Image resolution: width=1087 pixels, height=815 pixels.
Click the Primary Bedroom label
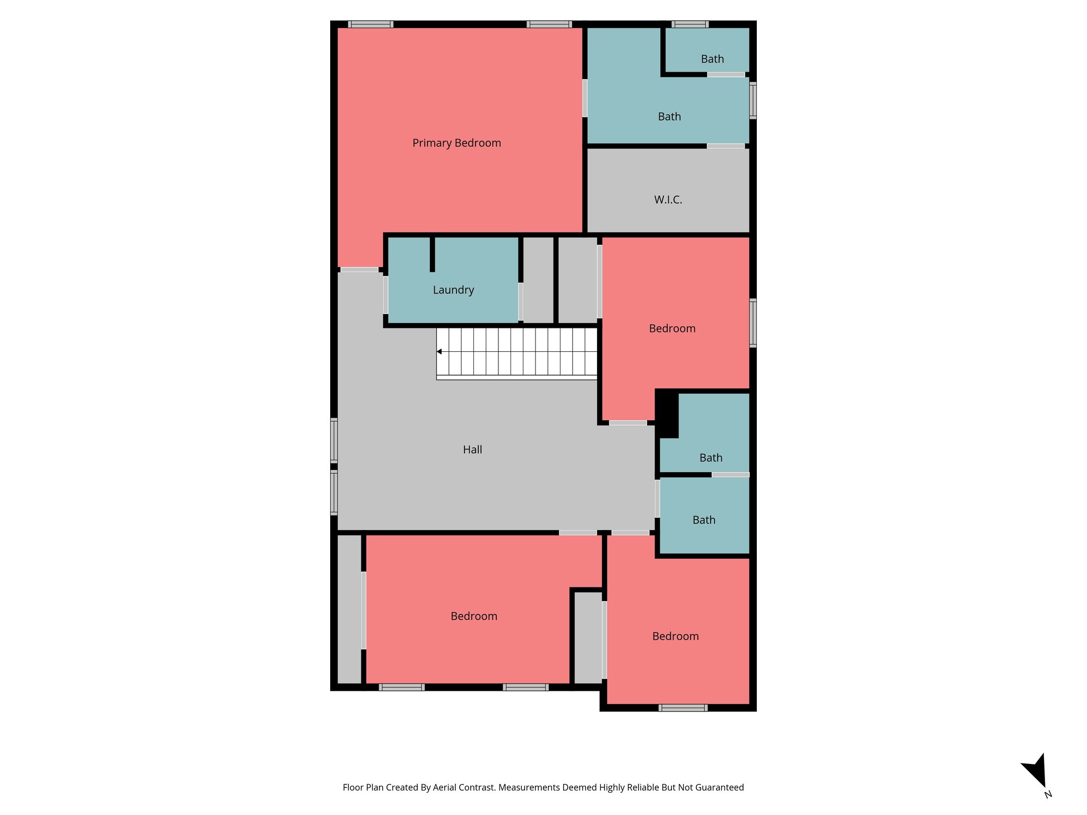[456, 143]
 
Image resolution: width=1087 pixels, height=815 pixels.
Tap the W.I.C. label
[668, 200]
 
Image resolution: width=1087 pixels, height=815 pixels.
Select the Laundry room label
[453, 290]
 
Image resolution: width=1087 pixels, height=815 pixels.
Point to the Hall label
[472, 450]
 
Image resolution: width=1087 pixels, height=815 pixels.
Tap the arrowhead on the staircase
[439, 352]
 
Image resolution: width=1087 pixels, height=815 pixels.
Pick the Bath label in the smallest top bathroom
[712, 59]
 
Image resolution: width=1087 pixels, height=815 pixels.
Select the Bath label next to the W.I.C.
[669, 117]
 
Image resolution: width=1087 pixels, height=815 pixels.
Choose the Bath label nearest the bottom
[704, 521]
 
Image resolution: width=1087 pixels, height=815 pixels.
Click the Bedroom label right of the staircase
[672, 329]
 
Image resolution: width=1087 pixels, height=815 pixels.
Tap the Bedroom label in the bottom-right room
[675, 637]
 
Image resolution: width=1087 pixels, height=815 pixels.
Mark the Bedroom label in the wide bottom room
[473, 617]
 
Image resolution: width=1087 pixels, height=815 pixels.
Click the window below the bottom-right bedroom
[683, 708]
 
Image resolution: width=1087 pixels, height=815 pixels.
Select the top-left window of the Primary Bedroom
[370, 24]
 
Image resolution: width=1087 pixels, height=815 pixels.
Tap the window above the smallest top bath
[689, 24]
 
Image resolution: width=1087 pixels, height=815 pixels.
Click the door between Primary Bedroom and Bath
[584, 98]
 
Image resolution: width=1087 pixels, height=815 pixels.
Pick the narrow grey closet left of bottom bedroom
[349, 609]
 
